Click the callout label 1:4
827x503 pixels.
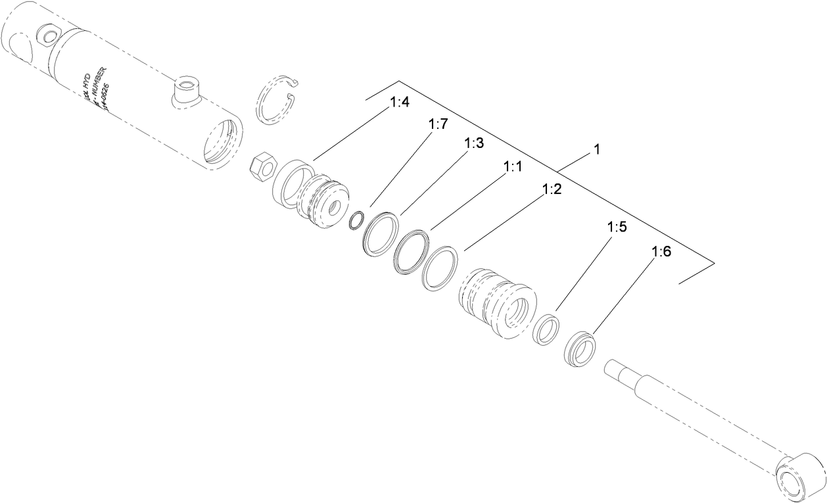coord(400,103)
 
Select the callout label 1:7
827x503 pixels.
coord(439,124)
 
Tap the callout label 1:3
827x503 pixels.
coord(474,143)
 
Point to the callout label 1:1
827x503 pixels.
coord(513,168)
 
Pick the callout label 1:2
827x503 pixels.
coord(552,190)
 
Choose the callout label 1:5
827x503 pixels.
coord(617,228)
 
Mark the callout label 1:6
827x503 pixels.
coord(661,252)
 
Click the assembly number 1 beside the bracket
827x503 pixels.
coord(596,150)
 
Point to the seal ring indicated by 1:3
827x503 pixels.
coord(380,232)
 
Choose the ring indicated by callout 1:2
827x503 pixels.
coord(439,268)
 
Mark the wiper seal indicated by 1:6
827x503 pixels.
coord(579,350)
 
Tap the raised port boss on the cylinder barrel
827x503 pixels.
coord(186,90)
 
